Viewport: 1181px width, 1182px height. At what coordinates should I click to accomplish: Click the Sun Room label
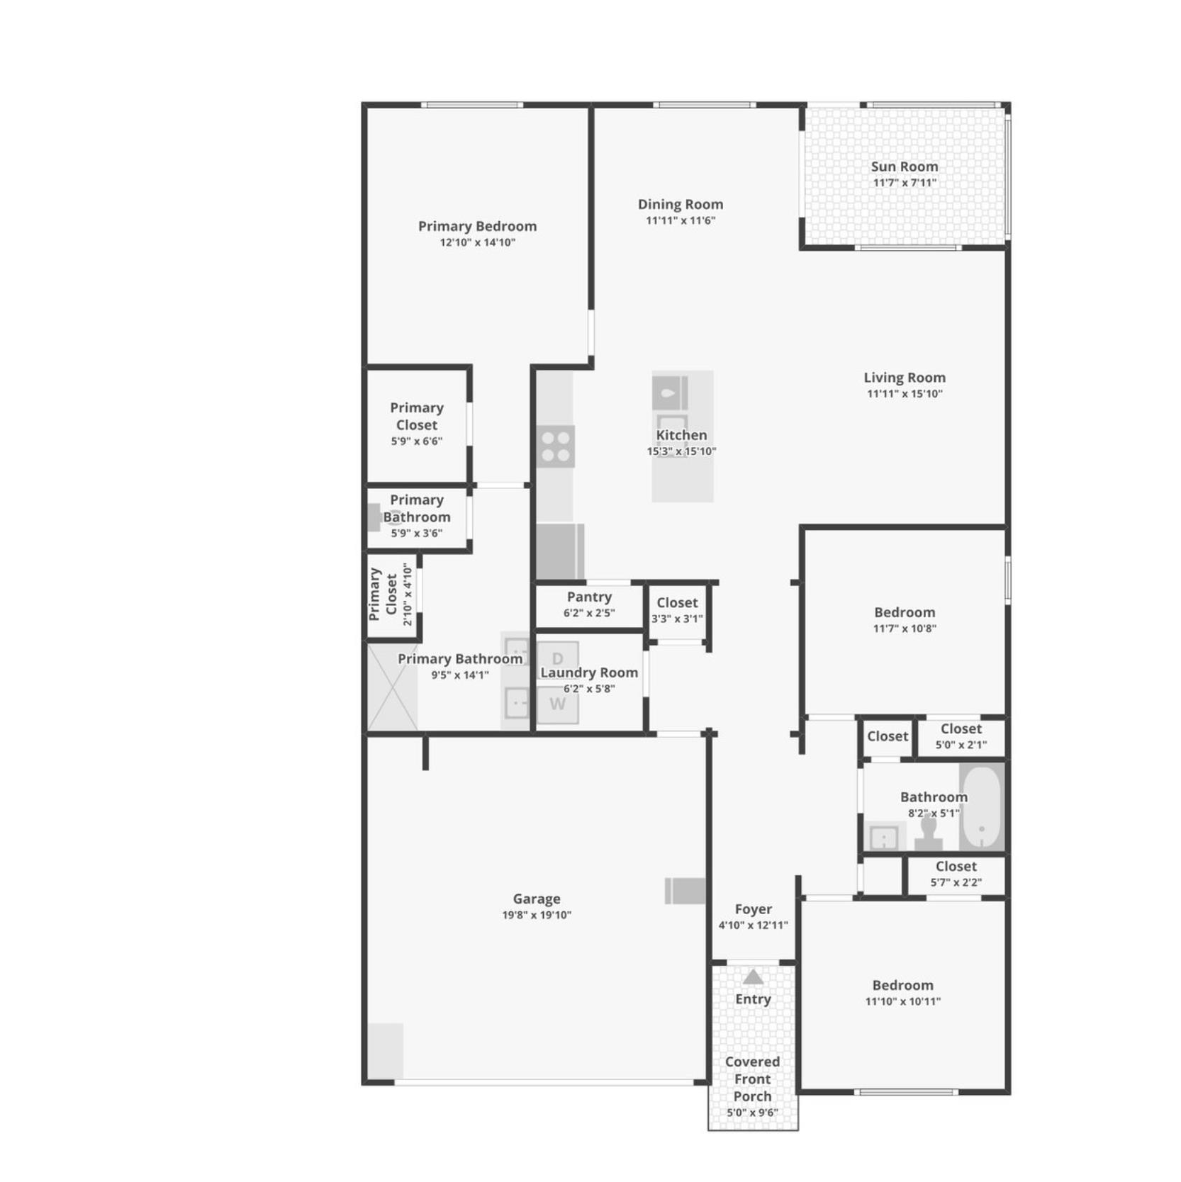[x=904, y=167]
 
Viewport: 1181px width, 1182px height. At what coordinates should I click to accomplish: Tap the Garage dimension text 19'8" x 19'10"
[x=537, y=915]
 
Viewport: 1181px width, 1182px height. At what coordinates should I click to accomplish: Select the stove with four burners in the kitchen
[x=555, y=446]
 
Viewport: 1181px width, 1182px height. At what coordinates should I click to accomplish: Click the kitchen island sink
[x=670, y=393]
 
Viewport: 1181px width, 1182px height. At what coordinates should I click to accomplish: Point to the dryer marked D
[x=558, y=658]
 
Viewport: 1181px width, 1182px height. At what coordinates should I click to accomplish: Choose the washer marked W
[x=558, y=704]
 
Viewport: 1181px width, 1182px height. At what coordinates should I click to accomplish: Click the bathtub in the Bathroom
[x=982, y=806]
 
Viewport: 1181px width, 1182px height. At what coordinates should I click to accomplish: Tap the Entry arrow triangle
[x=753, y=977]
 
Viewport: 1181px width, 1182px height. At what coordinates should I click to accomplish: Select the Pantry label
[x=589, y=597]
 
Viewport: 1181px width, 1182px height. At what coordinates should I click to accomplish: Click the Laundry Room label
[x=589, y=672]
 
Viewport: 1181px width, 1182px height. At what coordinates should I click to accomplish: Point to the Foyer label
[x=753, y=908]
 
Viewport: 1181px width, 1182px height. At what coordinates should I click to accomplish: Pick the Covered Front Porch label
[x=752, y=1079]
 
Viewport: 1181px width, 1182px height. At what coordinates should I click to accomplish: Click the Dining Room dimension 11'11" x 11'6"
[x=680, y=220]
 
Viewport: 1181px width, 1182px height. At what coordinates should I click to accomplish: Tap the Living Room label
[x=904, y=378]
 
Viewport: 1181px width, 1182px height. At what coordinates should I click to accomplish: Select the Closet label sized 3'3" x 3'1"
[x=677, y=602]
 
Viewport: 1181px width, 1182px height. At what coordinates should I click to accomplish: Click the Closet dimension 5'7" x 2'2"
[x=956, y=882]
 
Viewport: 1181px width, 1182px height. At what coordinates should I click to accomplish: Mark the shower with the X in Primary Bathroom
[x=392, y=687]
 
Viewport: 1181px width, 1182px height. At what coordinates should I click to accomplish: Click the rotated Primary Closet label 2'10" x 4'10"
[x=390, y=594]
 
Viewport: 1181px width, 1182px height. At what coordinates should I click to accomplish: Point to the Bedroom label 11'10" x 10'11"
[x=902, y=985]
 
